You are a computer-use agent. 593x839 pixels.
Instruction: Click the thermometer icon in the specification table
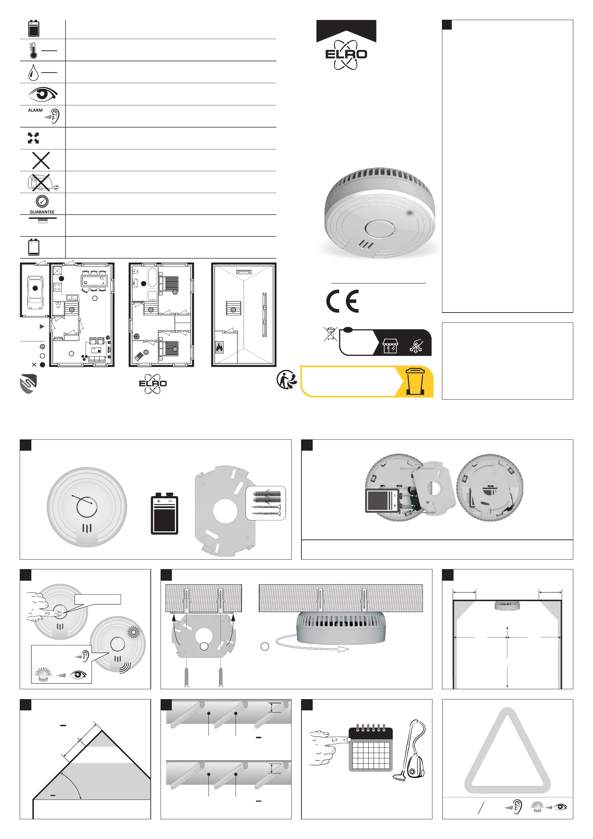click(33, 50)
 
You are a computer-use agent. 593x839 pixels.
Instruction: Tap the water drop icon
click(33, 72)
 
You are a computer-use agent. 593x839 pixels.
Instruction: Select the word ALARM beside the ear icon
click(35, 110)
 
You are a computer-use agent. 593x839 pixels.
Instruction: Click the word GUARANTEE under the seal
click(42, 212)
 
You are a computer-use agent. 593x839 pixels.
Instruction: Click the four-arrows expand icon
click(33, 138)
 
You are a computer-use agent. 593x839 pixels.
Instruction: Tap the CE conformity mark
click(343, 301)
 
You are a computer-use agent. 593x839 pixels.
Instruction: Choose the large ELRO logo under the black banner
click(346, 55)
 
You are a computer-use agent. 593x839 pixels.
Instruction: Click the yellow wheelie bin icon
click(415, 382)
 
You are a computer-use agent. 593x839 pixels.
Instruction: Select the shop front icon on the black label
click(390, 345)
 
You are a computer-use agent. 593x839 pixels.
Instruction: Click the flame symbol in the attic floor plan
click(219, 347)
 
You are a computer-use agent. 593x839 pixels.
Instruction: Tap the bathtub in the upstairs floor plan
click(152, 277)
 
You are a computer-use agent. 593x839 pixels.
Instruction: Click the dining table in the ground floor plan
click(94, 280)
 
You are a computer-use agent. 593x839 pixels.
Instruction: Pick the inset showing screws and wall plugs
click(266, 503)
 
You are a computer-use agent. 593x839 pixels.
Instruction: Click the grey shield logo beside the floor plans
click(28, 384)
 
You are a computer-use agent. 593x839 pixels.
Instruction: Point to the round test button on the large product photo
click(379, 229)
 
